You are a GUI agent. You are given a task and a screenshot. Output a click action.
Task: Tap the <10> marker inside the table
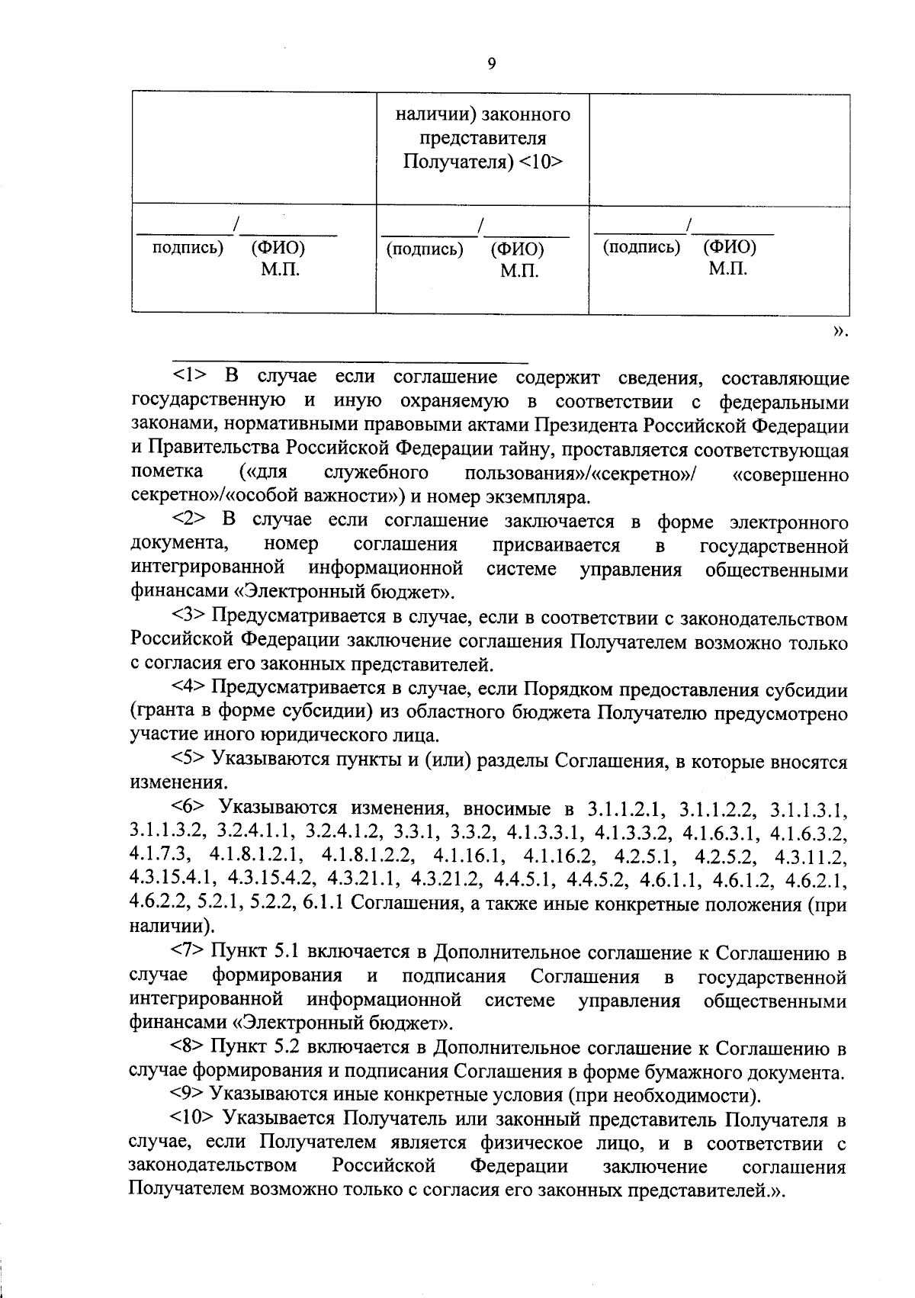click(541, 162)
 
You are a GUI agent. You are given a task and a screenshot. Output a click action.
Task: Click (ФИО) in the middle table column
click(517, 249)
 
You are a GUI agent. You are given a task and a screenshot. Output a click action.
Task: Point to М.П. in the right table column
click(727, 268)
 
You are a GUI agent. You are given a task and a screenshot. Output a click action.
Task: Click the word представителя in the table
click(483, 139)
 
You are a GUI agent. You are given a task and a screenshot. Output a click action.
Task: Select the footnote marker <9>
click(188, 1096)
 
